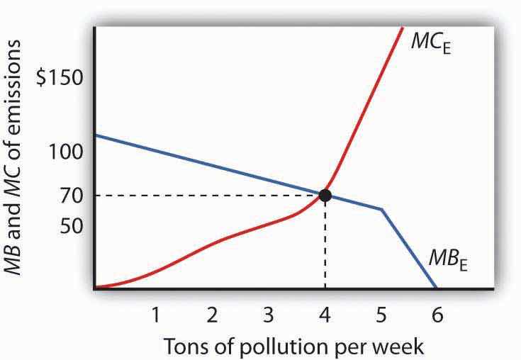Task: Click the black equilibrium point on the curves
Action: pyautogui.click(x=325, y=195)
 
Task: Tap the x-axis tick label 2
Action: pyautogui.click(x=211, y=313)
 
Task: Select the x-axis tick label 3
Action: pyautogui.click(x=268, y=313)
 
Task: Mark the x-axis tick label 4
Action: pyautogui.click(x=325, y=313)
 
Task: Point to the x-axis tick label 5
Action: pyautogui.click(x=381, y=313)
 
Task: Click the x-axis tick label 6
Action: pyautogui.click(x=437, y=313)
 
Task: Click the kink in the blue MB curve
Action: pyautogui.click(x=382, y=209)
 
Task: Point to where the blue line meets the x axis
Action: pyautogui.click(x=436, y=288)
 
